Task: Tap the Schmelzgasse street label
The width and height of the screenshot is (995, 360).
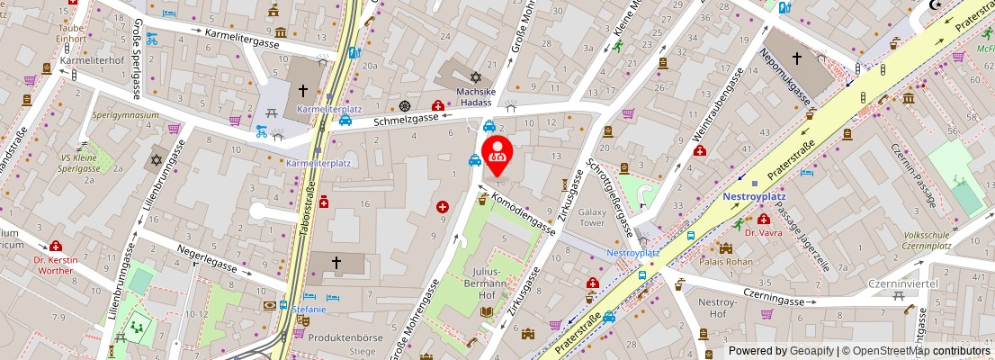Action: point(408,118)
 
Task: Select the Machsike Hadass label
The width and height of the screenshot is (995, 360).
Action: point(477,97)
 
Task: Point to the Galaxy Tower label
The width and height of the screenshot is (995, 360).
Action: point(592,217)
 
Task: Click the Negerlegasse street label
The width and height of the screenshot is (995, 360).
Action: point(206,259)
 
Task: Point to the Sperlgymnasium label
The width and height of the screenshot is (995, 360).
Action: point(126,115)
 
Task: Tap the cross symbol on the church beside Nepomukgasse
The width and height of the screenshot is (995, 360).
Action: point(796,58)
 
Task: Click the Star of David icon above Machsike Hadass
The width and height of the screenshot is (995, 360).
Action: point(464,78)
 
